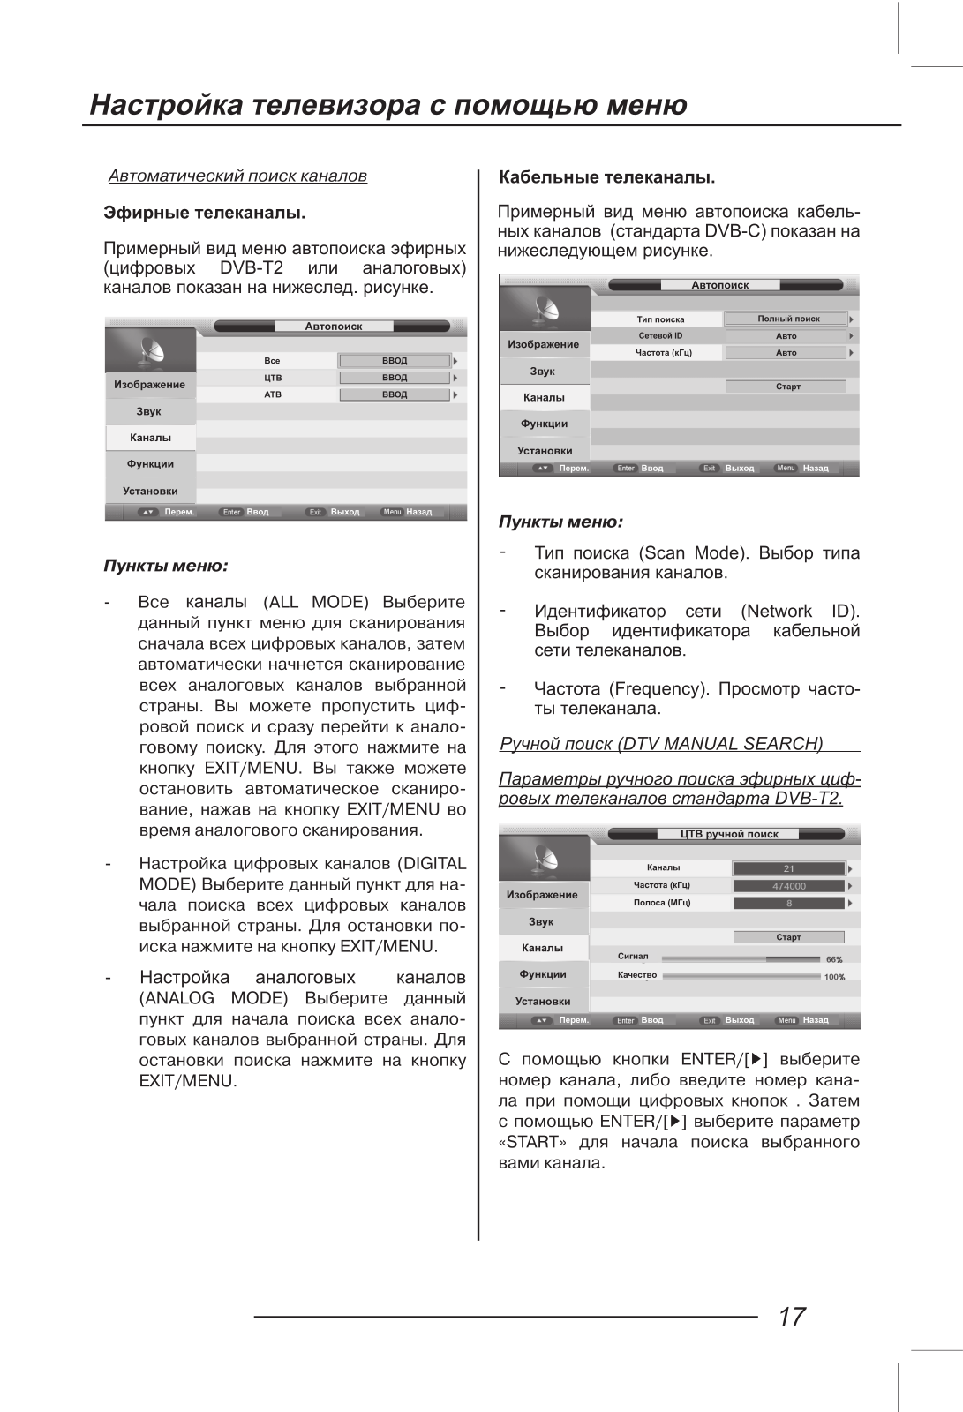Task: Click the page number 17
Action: (x=792, y=1316)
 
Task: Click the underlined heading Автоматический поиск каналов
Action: (x=237, y=176)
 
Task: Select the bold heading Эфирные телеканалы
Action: (x=204, y=213)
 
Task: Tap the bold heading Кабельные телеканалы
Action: (x=606, y=176)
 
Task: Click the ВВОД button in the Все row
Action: (x=395, y=361)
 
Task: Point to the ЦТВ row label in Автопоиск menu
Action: (x=273, y=378)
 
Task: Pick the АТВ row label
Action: (x=273, y=394)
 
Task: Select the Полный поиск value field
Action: (x=787, y=319)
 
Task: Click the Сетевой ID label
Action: (x=660, y=335)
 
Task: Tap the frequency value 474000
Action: (x=789, y=886)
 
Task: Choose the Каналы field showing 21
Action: (x=789, y=868)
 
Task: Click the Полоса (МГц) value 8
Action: (x=789, y=903)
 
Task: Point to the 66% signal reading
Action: (x=834, y=959)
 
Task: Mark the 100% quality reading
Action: (x=834, y=977)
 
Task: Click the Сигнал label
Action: (x=633, y=956)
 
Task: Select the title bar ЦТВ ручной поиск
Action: (x=729, y=834)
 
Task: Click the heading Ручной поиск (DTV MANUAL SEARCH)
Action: (x=661, y=744)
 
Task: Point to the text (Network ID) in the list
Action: (x=800, y=611)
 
